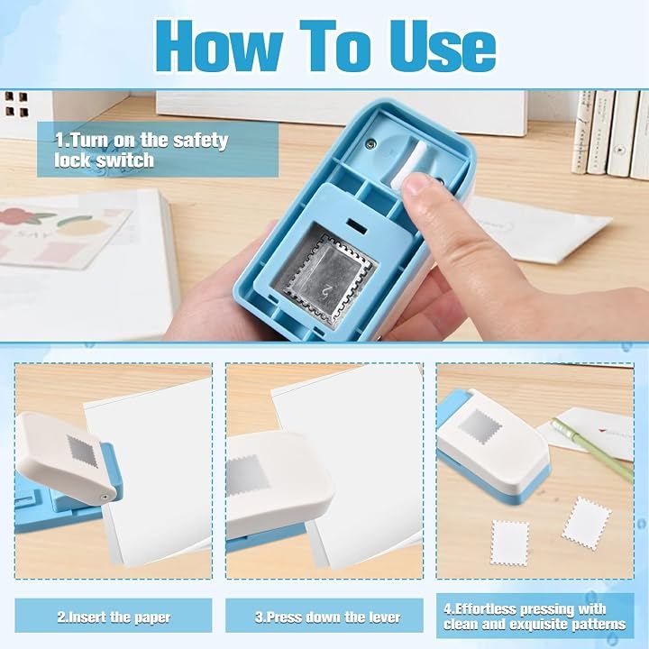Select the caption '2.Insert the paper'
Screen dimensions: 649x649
coord(114,617)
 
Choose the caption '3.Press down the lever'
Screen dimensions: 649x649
coord(327,617)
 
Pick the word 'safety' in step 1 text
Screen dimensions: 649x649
coord(200,141)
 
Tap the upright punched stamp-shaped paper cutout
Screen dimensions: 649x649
coord(510,543)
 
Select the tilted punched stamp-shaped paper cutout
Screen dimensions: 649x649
coord(586,523)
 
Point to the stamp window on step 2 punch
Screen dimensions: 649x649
coord(83,452)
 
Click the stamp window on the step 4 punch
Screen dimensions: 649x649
coord(480,427)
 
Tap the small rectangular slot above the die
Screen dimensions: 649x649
coord(357,225)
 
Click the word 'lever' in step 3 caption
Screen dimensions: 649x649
coord(384,617)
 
